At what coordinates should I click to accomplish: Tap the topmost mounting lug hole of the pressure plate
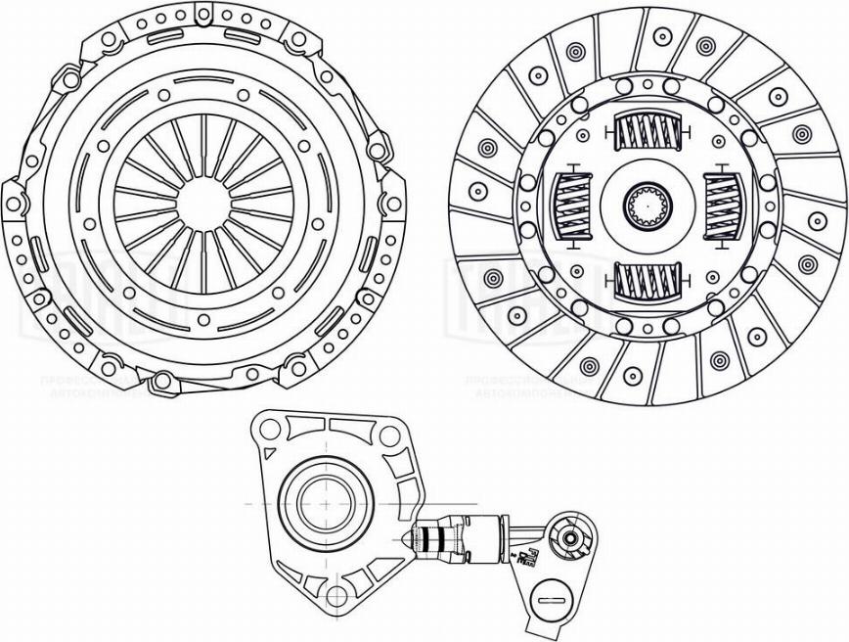(203, 15)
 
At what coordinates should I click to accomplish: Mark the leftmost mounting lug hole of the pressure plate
(14, 205)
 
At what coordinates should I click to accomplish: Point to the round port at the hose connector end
(567, 537)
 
